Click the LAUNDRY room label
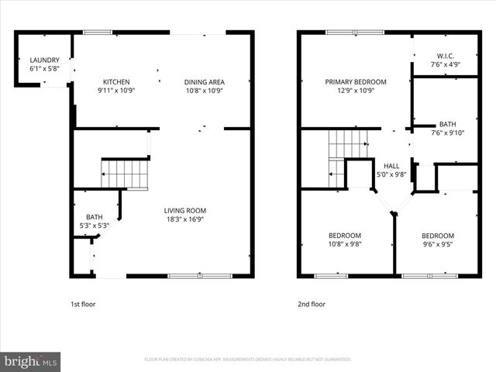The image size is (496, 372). pyautogui.click(x=44, y=60)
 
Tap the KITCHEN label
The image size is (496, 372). pyautogui.click(x=117, y=81)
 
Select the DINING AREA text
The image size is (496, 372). pyautogui.click(x=204, y=81)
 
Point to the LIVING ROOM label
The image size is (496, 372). pyautogui.click(x=185, y=210)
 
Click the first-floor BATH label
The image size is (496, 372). pyautogui.click(x=95, y=217)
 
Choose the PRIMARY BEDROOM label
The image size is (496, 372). pyautogui.click(x=356, y=81)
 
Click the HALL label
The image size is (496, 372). pyautogui.click(x=391, y=166)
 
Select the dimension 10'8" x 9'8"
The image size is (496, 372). pyautogui.click(x=344, y=244)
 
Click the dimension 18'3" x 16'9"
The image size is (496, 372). pyautogui.click(x=185, y=219)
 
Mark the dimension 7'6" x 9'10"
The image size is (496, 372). pyautogui.click(x=448, y=133)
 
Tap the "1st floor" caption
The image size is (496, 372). pyautogui.click(x=84, y=305)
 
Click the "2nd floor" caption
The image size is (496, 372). pyautogui.click(x=312, y=305)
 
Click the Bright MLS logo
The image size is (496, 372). pyautogui.click(x=31, y=361)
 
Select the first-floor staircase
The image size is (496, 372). pyautogui.click(x=125, y=174)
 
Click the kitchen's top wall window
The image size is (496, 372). pyautogui.click(x=98, y=32)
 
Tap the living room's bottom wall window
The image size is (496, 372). pyautogui.click(x=200, y=275)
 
